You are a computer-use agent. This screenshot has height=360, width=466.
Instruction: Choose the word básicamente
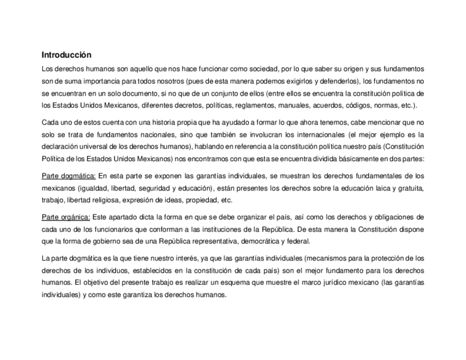click(360, 159)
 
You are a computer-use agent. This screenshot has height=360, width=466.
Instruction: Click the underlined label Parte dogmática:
click(69, 176)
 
